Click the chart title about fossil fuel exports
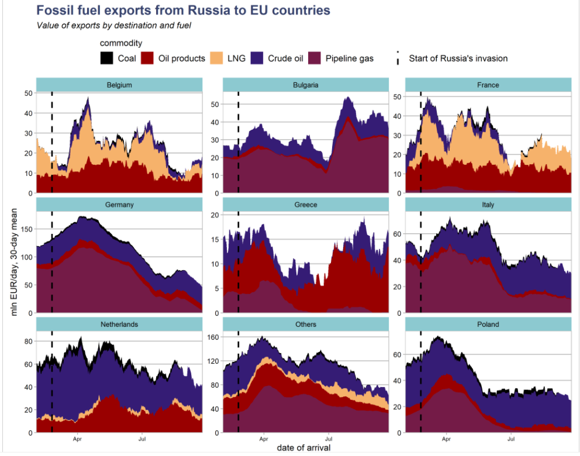pyautogui.click(x=183, y=11)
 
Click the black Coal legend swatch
pyautogui.click(x=106, y=58)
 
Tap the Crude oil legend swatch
pyautogui.click(x=257, y=58)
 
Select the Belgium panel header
pyautogui.click(x=119, y=85)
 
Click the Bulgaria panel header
pyautogui.click(x=305, y=85)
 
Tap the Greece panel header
pyautogui.click(x=305, y=205)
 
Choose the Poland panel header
pyautogui.click(x=488, y=324)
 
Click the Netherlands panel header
pyautogui.click(x=119, y=324)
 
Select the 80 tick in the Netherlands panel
pyautogui.click(x=28, y=341)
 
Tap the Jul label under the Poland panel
pyautogui.click(x=512, y=437)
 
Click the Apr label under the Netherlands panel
pyautogui.click(x=77, y=437)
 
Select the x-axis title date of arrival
pyautogui.click(x=303, y=448)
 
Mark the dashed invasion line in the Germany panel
pyautogui.click(x=52, y=263)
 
